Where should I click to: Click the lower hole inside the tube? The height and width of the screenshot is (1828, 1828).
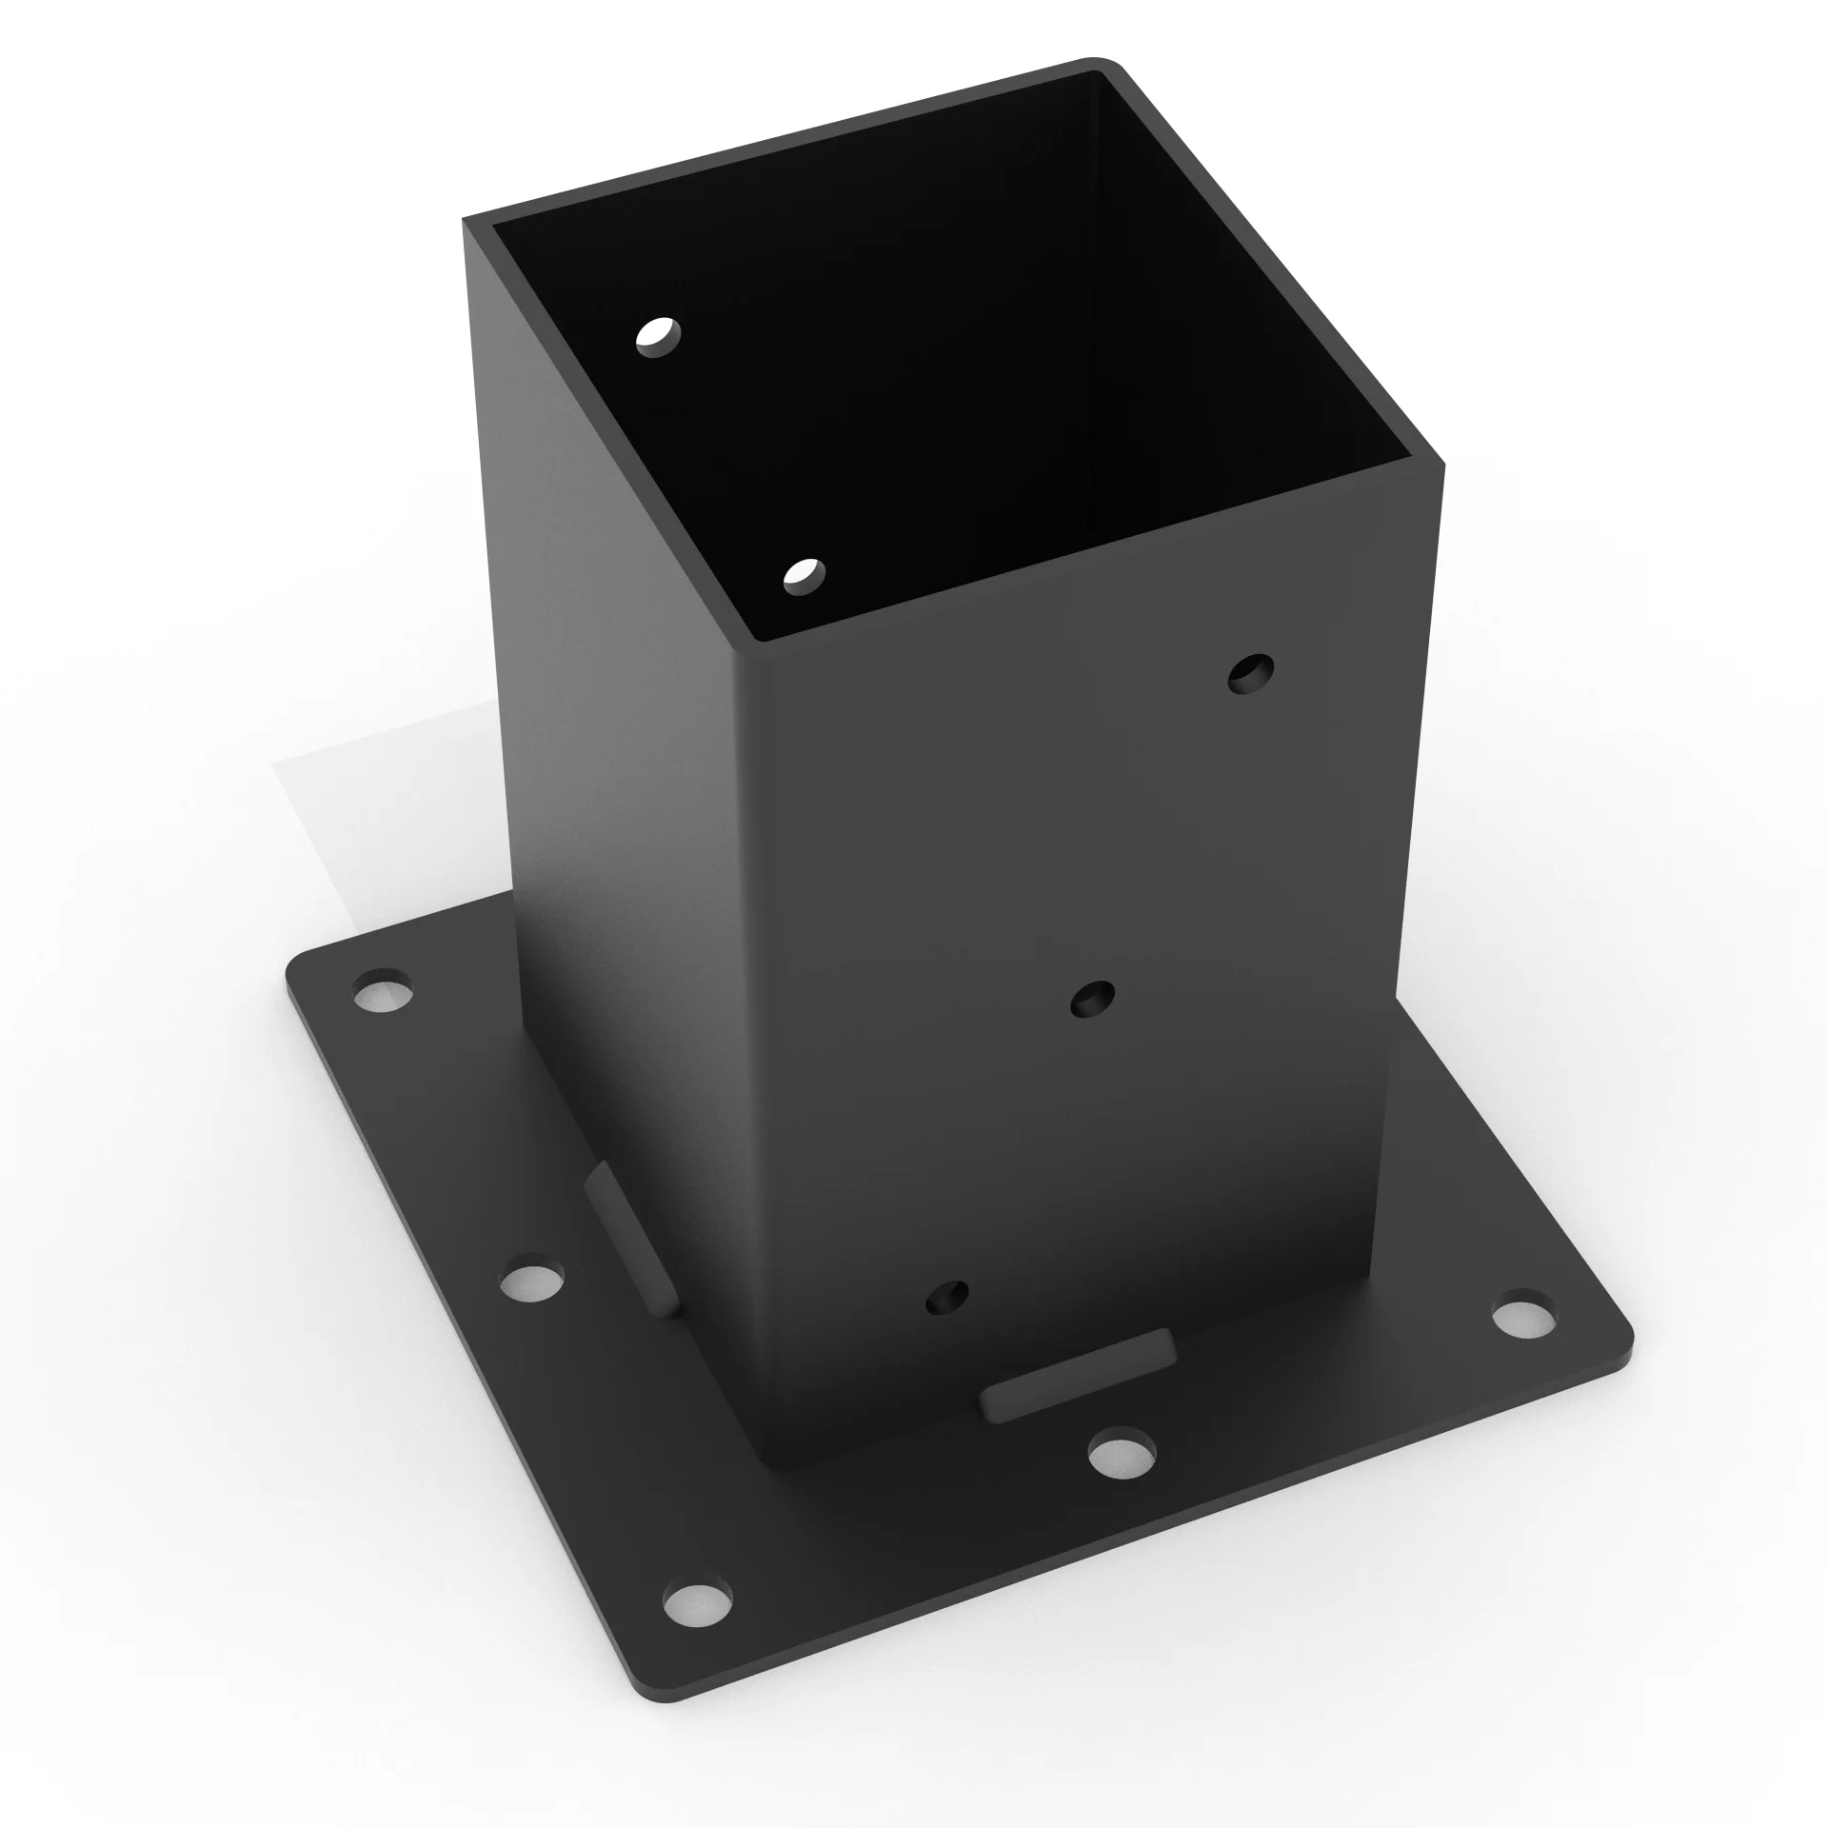[x=805, y=576]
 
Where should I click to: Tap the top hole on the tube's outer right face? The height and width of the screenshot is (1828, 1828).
[x=1251, y=673]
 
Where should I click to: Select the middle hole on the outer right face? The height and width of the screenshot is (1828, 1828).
[x=1093, y=999]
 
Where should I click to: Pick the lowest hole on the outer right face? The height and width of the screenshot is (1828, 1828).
[x=947, y=1297]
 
